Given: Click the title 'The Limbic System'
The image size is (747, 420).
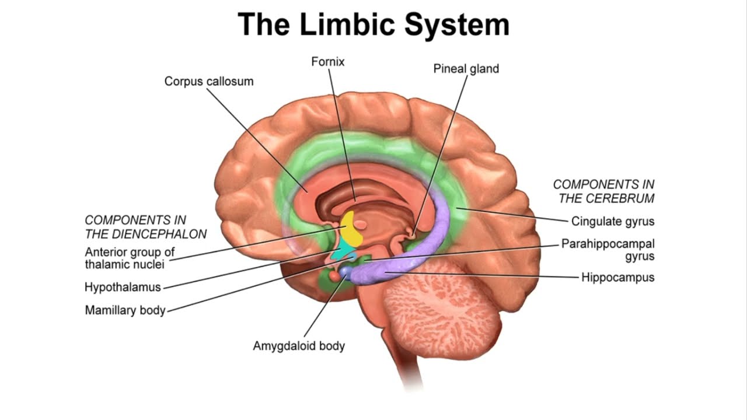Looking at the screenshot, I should (x=373, y=25).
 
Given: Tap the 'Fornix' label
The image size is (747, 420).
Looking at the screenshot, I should (x=328, y=61).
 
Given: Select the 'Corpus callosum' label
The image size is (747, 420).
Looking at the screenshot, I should (x=208, y=81).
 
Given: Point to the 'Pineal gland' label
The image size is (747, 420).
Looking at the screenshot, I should (x=466, y=69).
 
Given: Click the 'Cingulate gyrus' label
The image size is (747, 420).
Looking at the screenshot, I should (x=612, y=222).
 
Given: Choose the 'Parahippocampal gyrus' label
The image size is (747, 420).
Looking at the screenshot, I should (x=608, y=250).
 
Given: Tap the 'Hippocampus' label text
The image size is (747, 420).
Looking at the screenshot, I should (x=617, y=277).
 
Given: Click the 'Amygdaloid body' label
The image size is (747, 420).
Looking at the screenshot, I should (x=299, y=346).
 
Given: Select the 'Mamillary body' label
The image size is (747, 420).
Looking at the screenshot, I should (x=125, y=310).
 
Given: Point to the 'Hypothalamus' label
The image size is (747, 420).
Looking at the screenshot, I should (x=123, y=287).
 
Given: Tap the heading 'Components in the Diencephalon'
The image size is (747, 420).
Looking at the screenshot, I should (x=145, y=227).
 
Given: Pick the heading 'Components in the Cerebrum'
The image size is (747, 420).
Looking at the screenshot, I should (x=604, y=191).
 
